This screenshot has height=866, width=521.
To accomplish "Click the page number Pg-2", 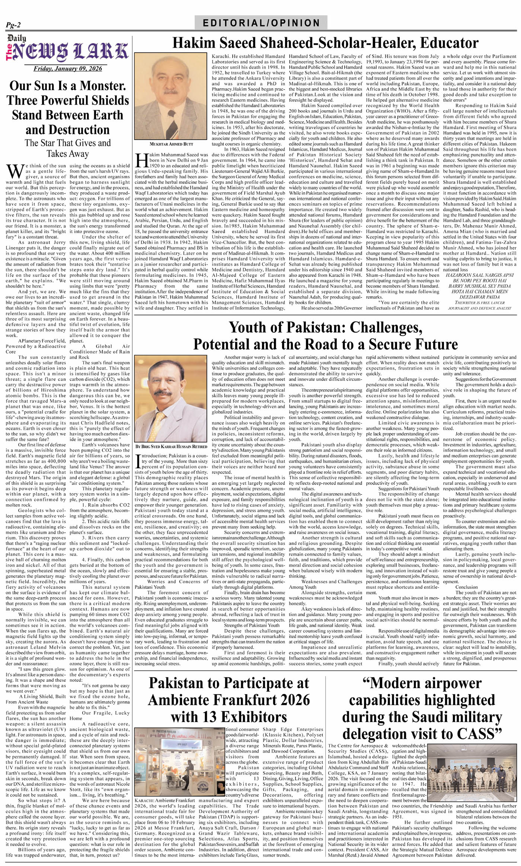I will pos(13,25).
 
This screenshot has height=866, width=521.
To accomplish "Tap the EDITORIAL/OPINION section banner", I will pos(261,23).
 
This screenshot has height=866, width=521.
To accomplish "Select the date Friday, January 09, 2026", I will pos(67,68).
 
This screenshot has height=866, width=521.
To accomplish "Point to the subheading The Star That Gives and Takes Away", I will pos(67,148).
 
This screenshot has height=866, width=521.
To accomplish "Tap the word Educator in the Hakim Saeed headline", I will pos(449,43).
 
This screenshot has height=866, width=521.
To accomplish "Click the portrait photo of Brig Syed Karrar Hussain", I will pos(170,397).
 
